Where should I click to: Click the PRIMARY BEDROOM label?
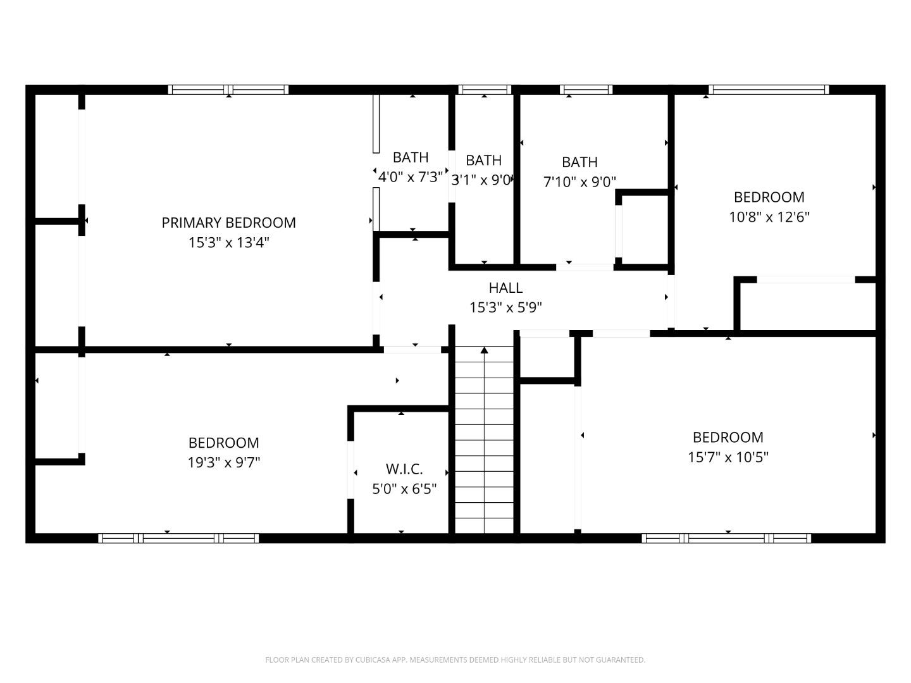tap(228, 223)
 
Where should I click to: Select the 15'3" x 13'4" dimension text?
tap(228, 242)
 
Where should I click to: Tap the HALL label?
tap(505, 288)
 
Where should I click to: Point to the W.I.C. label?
tap(404, 469)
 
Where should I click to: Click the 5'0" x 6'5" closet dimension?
tap(404, 489)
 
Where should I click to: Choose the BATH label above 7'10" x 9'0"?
tap(579, 162)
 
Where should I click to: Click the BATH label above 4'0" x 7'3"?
tap(411, 157)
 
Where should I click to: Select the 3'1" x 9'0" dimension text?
tap(482, 180)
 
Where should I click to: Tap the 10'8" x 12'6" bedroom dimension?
tap(769, 217)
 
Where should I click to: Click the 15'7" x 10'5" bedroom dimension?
tap(728, 457)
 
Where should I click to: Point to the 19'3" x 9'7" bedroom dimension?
tap(224, 462)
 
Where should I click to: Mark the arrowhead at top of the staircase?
tap(485, 350)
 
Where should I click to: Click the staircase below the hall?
tap(485, 443)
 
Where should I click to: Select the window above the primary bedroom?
tap(228, 90)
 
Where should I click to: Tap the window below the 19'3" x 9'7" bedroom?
tap(178, 538)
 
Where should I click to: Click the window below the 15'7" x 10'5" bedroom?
tap(726, 538)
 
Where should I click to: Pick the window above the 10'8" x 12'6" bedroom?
tap(769, 90)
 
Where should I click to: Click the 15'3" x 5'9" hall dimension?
tap(505, 307)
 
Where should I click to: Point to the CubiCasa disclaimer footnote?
tap(455, 660)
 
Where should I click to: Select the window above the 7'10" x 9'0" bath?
tap(586, 90)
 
